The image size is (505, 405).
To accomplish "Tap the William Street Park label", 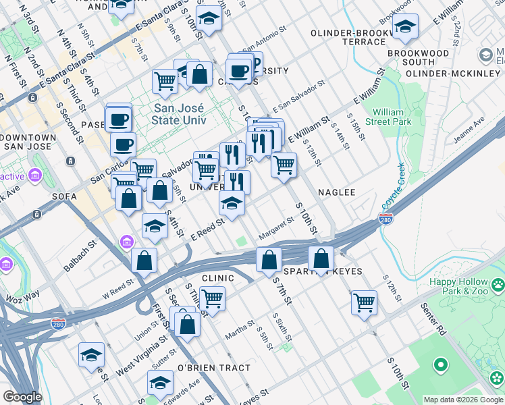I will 392,117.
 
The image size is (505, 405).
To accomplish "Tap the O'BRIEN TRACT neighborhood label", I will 213,368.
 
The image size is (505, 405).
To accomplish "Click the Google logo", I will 22,397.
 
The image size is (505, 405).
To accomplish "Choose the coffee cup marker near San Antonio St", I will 238,70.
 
